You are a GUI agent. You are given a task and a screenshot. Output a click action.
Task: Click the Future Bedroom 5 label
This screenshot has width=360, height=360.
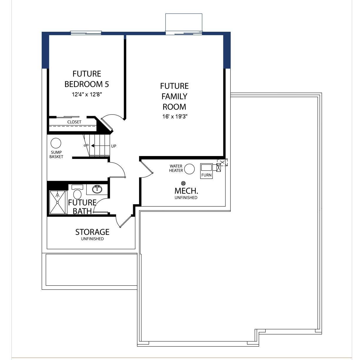(86, 79)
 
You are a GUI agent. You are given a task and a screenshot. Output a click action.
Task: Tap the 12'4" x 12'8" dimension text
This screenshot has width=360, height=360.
(87, 95)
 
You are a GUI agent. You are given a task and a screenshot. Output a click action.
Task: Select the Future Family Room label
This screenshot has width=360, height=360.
(175, 96)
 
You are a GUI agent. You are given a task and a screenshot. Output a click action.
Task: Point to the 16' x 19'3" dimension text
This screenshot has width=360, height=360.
(175, 116)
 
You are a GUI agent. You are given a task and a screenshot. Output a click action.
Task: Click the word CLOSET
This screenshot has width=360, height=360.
(74, 122)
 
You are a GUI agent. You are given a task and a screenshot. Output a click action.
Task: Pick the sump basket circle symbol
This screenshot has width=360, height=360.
(56, 143)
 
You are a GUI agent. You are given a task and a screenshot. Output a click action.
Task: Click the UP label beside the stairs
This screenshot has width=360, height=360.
(113, 146)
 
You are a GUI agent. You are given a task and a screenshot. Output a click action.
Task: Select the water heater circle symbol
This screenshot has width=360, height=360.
(189, 169)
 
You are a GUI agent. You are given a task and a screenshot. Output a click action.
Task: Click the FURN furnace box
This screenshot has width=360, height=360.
(206, 171)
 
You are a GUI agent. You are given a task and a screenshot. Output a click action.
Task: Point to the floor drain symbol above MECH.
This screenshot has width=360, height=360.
(183, 183)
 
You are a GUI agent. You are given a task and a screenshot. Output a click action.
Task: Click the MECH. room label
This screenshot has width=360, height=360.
(186, 190)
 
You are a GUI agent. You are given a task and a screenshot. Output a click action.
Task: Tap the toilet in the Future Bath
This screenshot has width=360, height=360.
(77, 194)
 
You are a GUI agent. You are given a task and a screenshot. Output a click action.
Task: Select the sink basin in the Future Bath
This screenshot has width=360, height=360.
(97, 189)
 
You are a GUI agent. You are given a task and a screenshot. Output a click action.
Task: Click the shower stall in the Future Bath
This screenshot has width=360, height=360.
(58, 202)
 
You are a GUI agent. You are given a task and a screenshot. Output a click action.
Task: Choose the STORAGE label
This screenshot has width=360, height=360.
(92, 232)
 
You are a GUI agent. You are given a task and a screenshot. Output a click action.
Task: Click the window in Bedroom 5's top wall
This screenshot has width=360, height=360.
(86, 33)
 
